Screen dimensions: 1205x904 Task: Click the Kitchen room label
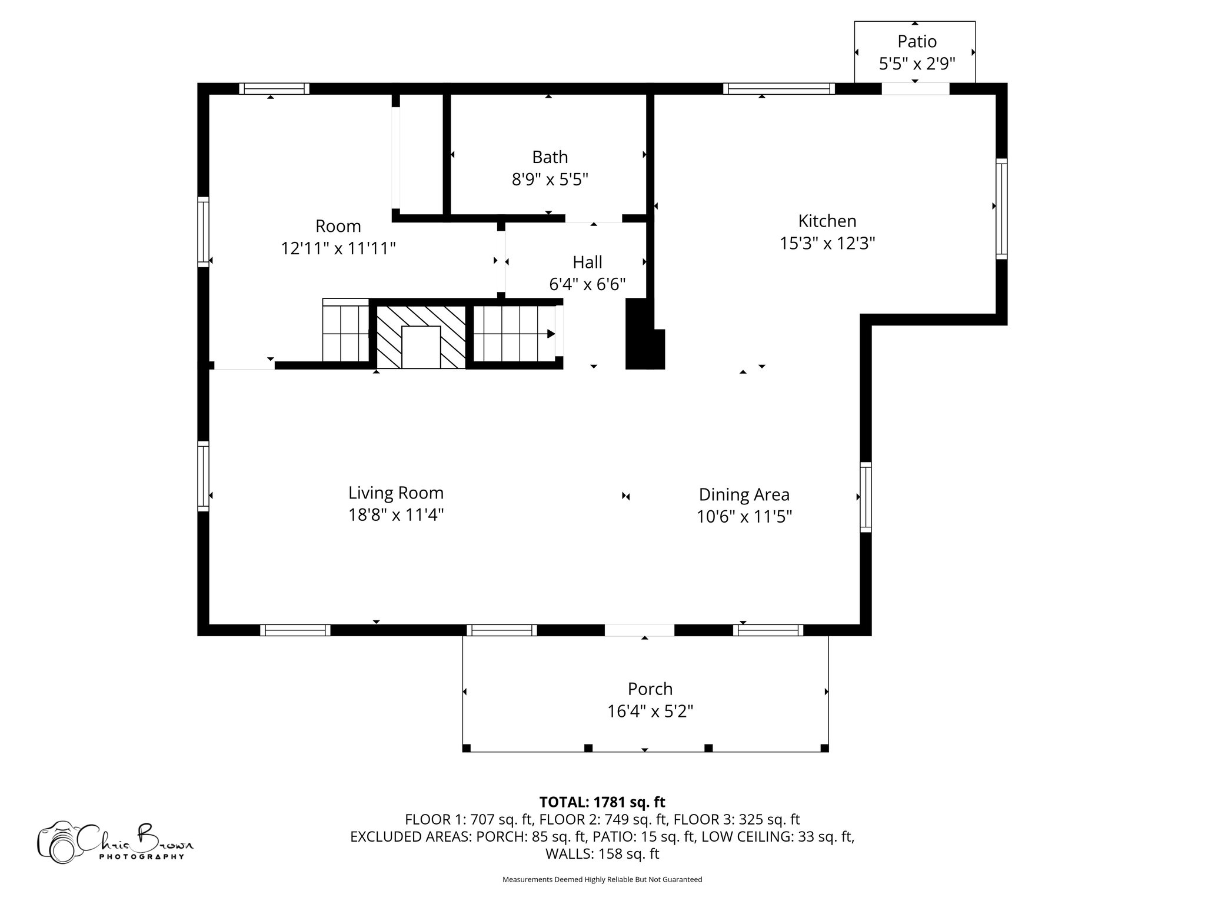pyautogui.click(x=827, y=221)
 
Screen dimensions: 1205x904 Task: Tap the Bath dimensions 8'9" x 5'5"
pyautogui.click(x=550, y=179)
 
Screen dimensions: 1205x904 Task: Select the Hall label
pyautogui.click(x=587, y=262)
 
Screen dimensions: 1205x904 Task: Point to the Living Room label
pyautogui.click(x=396, y=493)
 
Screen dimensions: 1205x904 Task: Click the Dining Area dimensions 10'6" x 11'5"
pyautogui.click(x=744, y=517)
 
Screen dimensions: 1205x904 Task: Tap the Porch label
pyautogui.click(x=650, y=689)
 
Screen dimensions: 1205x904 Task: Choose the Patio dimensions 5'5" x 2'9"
pyautogui.click(x=917, y=64)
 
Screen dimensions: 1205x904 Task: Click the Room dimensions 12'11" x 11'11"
pyautogui.click(x=338, y=248)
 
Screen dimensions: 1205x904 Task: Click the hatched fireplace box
pyautogui.click(x=421, y=337)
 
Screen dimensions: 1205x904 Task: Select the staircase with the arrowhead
pyautogui.click(x=515, y=334)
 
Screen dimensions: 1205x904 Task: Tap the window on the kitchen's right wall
pyautogui.click(x=1001, y=208)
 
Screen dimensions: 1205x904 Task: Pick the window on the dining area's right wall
pyautogui.click(x=866, y=497)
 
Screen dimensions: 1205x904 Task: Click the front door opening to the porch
pyautogui.click(x=640, y=630)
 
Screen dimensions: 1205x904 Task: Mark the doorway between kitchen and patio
pyautogui.click(x=916, y=89)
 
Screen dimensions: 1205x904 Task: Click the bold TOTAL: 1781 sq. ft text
pyautogui.click(x=602, y=802)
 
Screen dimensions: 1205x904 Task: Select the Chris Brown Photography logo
pyautogui.click(x=115, y=842)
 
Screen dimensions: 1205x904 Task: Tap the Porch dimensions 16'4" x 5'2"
pyautogui.click(x=650, y=712)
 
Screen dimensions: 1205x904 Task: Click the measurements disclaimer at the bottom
pyautogui.click(x=602, y=880)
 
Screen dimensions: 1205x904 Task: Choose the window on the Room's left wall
pyautogui.click(x=203, y=231)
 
